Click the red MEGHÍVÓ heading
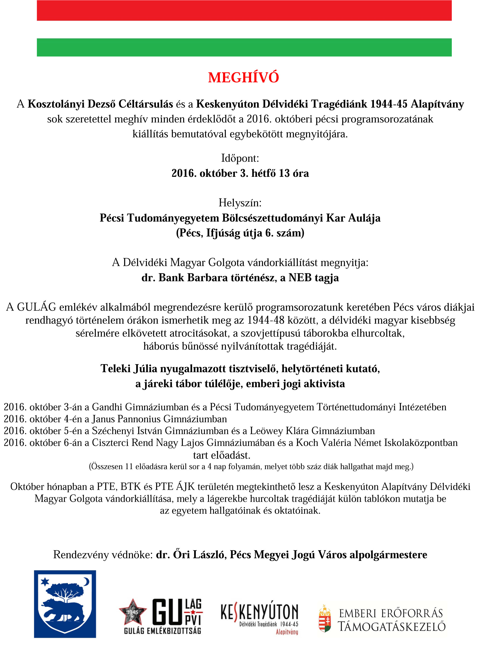(244, 78)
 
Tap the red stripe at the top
(244, 11)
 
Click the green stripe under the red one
(244, 47)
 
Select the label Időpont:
(240, 158)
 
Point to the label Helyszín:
(240, 203)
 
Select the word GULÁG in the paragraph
(37, 307)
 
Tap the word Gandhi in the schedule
(107, 407)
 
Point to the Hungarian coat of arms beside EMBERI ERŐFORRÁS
(324, 619)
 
